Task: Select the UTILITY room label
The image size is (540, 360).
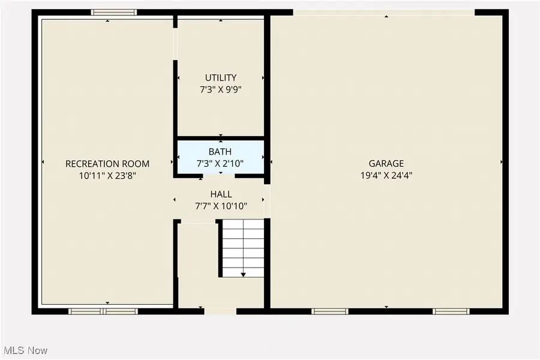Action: click(221, 77)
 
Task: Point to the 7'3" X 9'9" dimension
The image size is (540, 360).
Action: click(221, 89)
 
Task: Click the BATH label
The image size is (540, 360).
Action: click(220, 152)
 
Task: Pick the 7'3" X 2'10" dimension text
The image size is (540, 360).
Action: click(220, 163)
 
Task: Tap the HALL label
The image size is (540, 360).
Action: click(221, 194)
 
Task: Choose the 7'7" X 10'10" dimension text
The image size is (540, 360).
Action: click(221, 206)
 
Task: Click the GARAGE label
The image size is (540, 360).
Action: click(386, 163)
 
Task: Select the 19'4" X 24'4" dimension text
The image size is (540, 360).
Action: click(386, 176)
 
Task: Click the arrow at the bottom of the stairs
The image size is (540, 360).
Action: click(243, 274)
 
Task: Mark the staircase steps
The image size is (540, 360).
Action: click(243, 246)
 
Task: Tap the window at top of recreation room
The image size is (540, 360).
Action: click(113, 12)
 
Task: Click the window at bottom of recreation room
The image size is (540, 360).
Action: click(103, 311)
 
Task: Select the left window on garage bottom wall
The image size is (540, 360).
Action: click(330, 311)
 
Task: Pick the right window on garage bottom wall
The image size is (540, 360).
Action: click(452, 311)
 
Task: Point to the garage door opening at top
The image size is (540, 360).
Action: click(384, 12)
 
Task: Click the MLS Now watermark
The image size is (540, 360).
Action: click(26, 350)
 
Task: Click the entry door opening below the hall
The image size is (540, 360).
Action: click(220, 311)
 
